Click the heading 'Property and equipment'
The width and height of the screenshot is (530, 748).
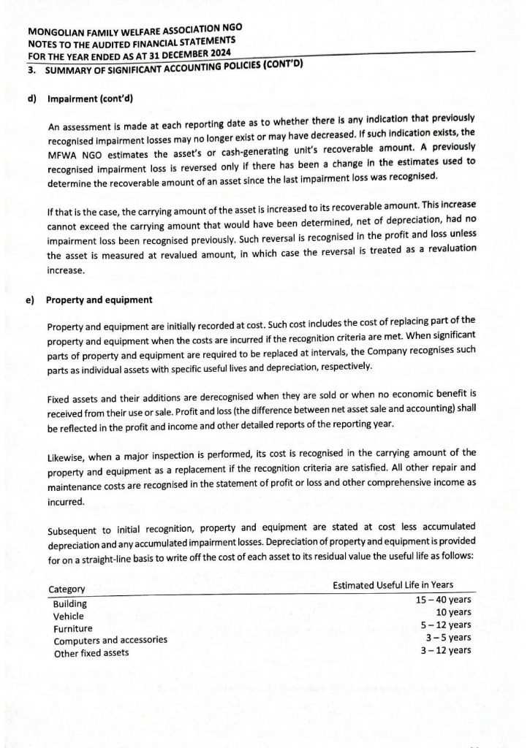(x=99, y=299)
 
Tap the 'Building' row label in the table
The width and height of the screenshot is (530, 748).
(x=70, y=603)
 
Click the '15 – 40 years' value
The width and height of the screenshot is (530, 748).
(x=443, y=600)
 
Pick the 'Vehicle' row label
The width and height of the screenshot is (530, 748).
(x=69, y=616)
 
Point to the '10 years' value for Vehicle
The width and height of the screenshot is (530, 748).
(x=453, y=612)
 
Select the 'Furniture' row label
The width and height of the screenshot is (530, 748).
(x=73, y=628)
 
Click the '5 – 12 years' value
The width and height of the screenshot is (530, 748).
(x=446, y=625)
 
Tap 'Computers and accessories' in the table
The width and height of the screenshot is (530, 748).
(x=110, y=641)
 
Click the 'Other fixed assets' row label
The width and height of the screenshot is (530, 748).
(x=91, y=653)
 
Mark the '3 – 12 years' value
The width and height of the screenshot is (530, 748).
(x=446, y=649)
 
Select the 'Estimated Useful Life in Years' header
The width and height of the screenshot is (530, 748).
(x=393, y=584)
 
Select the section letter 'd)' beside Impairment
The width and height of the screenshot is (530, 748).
(x=32, y=97)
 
